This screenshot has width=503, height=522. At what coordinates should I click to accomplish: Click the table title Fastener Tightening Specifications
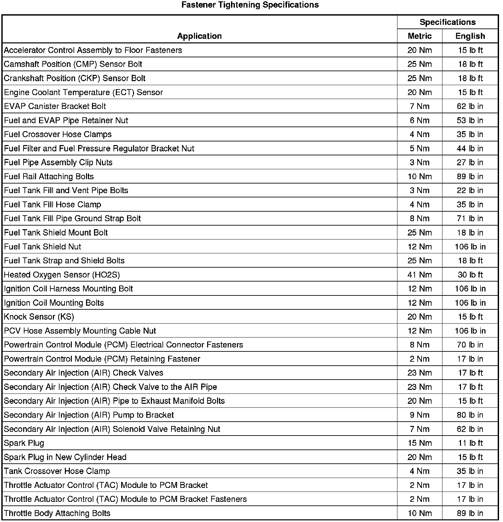click(250, 5)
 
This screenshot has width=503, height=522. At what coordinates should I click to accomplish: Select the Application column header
click(199, 36)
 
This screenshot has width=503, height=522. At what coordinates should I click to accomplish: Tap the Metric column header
click(420, 36)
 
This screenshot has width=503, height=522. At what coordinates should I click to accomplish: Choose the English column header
click(470, 36)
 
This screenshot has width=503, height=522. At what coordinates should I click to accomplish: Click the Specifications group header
click(447, 22)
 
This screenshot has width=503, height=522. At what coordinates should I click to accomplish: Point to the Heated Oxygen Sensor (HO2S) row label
click(62, 275)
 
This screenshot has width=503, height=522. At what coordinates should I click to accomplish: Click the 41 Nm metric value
click(420, 275)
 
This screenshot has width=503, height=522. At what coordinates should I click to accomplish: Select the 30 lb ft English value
click(470, 275)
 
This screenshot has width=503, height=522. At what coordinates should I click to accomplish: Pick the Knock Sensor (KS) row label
click(39, 317)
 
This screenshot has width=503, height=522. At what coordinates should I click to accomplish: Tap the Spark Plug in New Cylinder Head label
click(65, 457)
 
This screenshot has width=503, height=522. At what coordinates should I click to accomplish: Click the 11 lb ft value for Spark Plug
click(470, 443)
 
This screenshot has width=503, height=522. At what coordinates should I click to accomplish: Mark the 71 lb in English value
click(470, 219)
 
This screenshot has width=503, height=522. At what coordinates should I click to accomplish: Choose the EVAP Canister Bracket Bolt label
click(55, 106)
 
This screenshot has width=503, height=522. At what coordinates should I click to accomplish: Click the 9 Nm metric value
click(420, 415)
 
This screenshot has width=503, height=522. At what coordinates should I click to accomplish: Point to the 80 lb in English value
click(470, 415)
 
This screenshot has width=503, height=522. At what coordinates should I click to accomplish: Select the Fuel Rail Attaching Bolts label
click(49, 177)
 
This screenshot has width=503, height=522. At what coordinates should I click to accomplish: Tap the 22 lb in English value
click(470, 190)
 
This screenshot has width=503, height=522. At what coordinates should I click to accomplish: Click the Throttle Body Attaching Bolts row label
click(57, 513)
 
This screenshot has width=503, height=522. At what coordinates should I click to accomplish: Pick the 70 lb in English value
click(470, 345)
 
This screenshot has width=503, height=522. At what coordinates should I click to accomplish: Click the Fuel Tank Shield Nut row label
click(43, 247)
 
